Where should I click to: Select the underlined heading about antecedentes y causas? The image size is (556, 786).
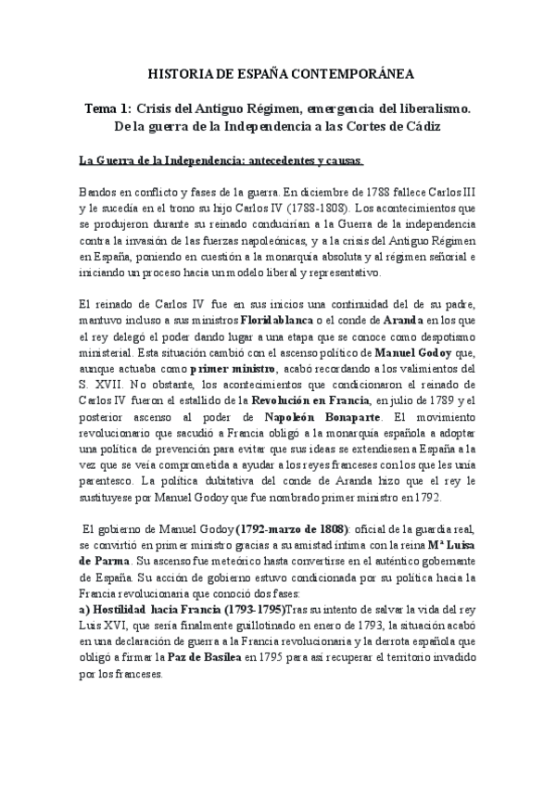[221, 160]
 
